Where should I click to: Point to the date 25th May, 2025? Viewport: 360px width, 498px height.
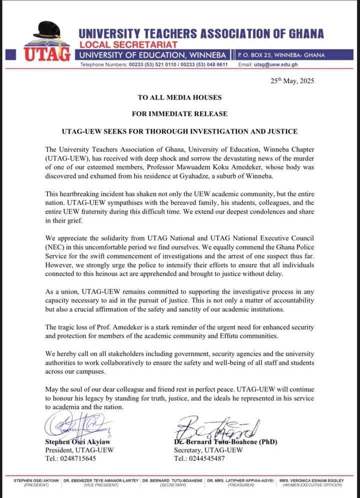[x=292, y=81]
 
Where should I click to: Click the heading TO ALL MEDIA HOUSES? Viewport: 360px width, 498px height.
[x=179, y=97]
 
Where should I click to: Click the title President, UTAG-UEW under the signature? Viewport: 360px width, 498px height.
[x=79, y=450]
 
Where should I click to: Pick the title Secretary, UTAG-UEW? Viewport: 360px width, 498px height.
[x=208, y=450]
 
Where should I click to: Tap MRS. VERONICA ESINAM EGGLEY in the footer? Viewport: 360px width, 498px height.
[x=311, y=480]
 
